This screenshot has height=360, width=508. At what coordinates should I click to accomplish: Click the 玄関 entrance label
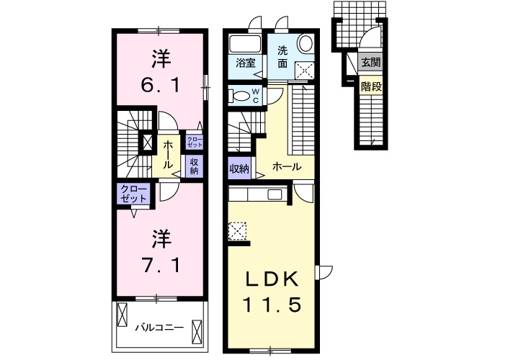coord(370,62)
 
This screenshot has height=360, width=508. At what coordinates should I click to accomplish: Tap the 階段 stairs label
coord(371,86)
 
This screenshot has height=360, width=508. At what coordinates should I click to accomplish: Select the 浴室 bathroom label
coord(245,63)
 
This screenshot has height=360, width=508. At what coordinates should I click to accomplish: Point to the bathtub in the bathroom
coord(244,44)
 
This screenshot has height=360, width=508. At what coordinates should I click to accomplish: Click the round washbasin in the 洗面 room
coord(305,44)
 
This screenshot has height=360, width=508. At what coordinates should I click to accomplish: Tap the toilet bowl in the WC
coord(239,96)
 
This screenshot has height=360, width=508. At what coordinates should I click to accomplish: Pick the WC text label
coord(256,96)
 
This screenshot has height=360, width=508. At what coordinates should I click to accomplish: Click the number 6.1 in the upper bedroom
coord(161,86)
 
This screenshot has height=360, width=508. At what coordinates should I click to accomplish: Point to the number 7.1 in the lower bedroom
coord(161,266)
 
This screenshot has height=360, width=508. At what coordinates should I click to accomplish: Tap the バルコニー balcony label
coord(159,328)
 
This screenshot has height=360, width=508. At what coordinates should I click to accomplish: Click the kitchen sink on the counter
coord(275,195)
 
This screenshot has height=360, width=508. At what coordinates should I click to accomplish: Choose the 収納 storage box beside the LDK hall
coord(240,168)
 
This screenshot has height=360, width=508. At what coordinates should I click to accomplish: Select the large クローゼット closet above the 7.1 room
coord(134,194)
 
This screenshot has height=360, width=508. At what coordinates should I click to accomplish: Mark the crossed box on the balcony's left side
coord(122,315)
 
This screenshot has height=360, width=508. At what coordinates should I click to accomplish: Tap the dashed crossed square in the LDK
coord(237,231)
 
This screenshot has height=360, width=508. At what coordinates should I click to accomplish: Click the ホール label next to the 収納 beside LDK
coord(287,167)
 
